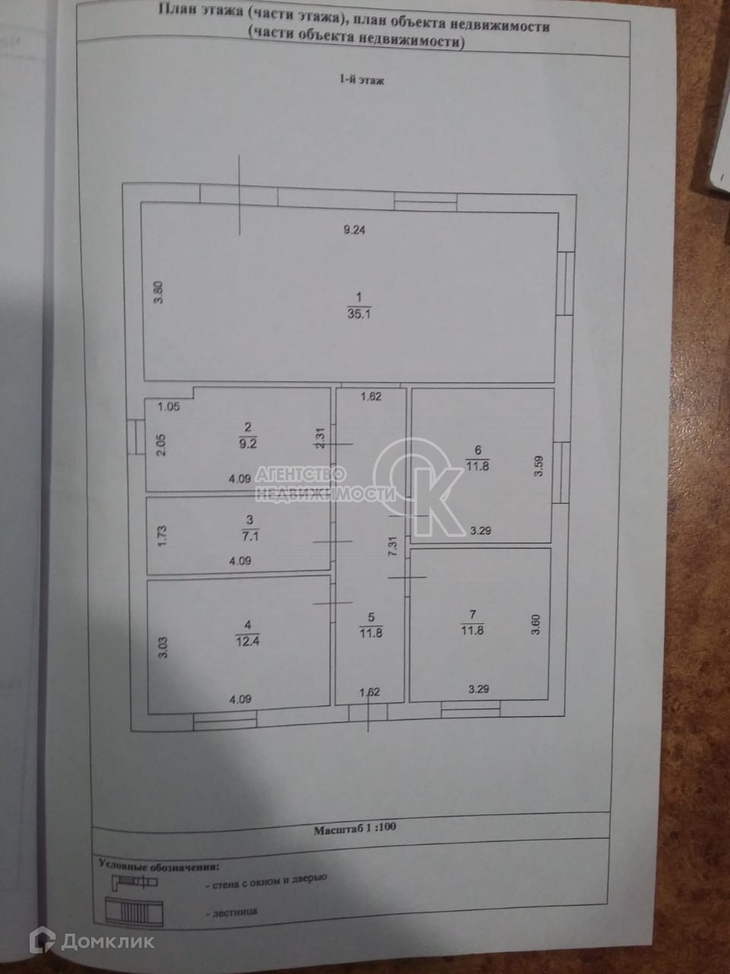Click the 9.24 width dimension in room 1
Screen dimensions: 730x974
coord(354,231)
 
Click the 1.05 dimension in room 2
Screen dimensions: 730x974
coord(168,407)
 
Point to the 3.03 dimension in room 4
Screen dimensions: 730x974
coord(161,648)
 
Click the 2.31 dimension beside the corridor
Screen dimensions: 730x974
coord(320,439)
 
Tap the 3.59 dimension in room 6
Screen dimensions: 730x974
coord(538,465)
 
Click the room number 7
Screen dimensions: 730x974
coord(473,614)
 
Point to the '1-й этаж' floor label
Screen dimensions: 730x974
coord(361,79)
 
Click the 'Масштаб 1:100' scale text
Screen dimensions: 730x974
coord(355,830)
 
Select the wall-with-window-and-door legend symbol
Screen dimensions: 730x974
coord(135,883)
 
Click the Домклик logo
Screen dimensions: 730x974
coord(90,941)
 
